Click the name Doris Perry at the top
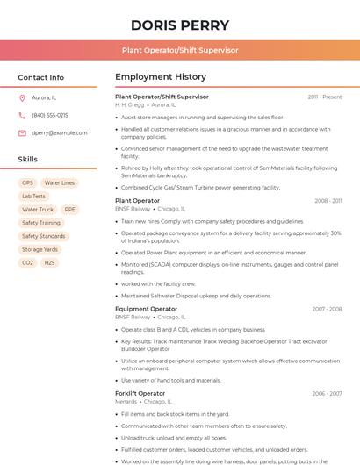click(x=180, y=25)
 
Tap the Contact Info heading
click(x=40, y=77)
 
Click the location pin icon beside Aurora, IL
click(x=22, y=97)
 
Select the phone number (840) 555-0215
click(x=50, y=115)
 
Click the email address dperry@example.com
click(x=54, y=132)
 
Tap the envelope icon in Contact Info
click(x=22, y=132)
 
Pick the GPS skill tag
click(x=27, y=182)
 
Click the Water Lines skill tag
click(x=60, y=182)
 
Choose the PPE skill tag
click(x=70, y=210)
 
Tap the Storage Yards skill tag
click(x=40, y=249)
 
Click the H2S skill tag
click(x=49, y=262)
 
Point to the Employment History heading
click(x=161, y=77)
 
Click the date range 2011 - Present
click(x=325, y=97)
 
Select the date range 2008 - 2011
click(x=328, y=201)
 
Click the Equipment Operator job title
click(x=146, y=309)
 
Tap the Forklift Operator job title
click(x=140, y=393)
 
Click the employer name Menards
click(x=126, y=401)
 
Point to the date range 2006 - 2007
click(x=327, y=393)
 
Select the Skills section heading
click(x=28, y=159)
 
